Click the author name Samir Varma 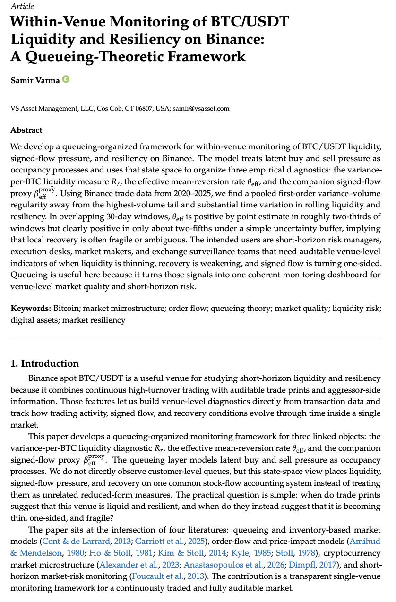[35, 80]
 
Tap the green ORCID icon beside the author [66, 79]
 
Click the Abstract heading [26, 130]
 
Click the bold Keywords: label [31, 309]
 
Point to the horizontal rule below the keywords [195, 338]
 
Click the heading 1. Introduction [44, 363]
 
